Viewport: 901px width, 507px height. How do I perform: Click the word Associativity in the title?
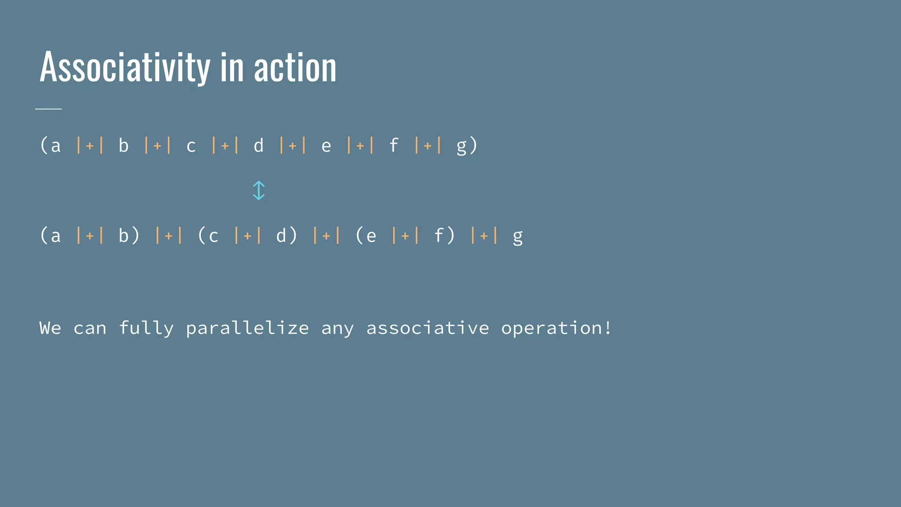pyautogui.click(x=125, y=67)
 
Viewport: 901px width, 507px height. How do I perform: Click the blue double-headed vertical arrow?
pyautogui.click(x=259, y=191)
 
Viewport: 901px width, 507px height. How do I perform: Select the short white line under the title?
pyautogui.click(x=48, y=108)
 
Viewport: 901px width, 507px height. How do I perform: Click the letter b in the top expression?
pyautogui.click(x=124, y=145)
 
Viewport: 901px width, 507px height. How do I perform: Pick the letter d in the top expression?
pyautogui.click(x=259, y=145)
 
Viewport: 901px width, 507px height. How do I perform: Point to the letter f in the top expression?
pyautogui.click(x=394, y=145)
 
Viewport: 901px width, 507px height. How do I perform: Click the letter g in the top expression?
pyautogui.click(x=461, y=146)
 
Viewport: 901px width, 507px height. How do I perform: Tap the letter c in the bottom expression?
pyautogui.click(x=213, y=236)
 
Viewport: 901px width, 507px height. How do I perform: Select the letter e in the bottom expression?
pyautogui.click(x=371, y=236)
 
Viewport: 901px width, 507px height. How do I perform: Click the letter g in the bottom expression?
pyautogui.click(x=518, y=237)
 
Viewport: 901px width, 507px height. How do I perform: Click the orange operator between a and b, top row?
pyautogui.click(x=90, y=145)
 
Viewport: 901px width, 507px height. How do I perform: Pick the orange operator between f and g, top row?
pyautogui.click(x=428, y=145)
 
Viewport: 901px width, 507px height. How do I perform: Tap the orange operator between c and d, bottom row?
pyautogui.click(x=248, y=235)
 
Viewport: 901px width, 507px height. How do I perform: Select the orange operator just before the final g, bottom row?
pyautogui.click(x=484, y=235)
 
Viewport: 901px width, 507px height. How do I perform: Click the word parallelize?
pyautogui.click(x=247, y=328)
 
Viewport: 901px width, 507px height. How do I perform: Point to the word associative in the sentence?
pyautogui.click(x=428, y=328)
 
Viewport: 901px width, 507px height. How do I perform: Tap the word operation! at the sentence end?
pyautogui.click(x=556, y=328)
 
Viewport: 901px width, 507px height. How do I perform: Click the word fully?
pyautogui.click(x=146, y=328)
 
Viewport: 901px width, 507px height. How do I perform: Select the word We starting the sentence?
pyautogui.click(x=50, y=328)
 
